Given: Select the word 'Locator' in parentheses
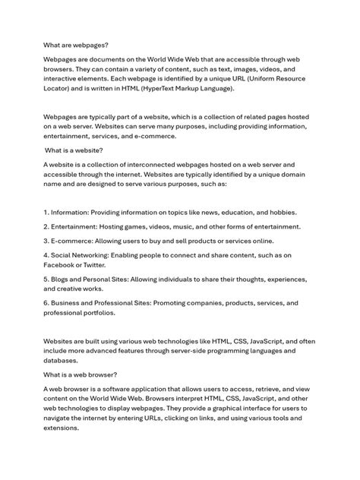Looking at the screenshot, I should pyautogui.click(x=61, y=89).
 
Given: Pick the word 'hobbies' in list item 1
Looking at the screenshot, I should pyautogui.click(x=278, y=212).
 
